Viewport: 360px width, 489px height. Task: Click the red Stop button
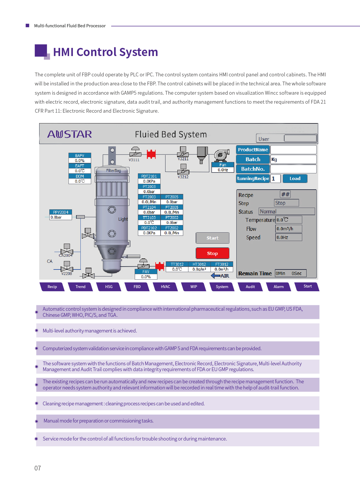tap(213, 253)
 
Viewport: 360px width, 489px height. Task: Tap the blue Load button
tap(295, 179)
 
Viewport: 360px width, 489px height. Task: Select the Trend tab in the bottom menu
tap(80, 287)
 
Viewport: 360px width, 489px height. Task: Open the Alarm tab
tap(278, 287)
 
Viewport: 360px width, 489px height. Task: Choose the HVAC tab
tap(165, 287)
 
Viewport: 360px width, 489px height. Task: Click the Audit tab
tap(250, 287)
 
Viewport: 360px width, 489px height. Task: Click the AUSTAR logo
tap(70, 134)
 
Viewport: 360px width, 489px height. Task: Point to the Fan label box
tap(223, 165)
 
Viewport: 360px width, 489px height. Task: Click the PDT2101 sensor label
tap(149, 176)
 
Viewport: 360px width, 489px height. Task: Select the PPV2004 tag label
tap(61, 212)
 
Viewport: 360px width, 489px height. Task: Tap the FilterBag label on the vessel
tap(114, 171)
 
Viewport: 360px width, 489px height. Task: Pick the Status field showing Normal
tap(287, 211)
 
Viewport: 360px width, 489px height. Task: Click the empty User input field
tap(300, 138)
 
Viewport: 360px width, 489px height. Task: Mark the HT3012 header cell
tap(199, 264)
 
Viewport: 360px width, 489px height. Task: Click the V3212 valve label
tap(183, 177)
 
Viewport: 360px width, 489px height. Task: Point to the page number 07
tap(38, 468)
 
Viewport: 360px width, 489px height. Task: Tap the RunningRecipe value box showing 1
tap(276, 179)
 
